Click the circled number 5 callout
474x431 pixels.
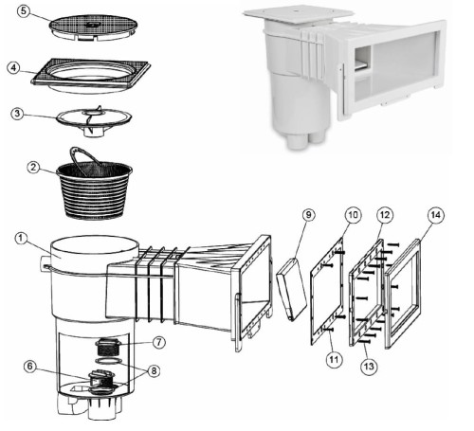pos(24,12)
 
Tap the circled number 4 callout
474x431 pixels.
pos(13,67)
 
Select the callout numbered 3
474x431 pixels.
pos(17,114)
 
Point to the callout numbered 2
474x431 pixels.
pos(34,167)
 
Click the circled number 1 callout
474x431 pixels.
pos(21,238)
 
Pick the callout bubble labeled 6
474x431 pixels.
pos(30,367)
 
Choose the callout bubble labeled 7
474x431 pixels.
pos(159,342)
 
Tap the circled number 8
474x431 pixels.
pos(154,370)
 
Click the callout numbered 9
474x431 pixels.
pos(308,215)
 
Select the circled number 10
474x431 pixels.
pos(353,215)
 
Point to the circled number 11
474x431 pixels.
pos(334,359)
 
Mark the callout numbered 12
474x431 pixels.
pos(385,215)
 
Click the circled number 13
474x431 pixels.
pos(369,367)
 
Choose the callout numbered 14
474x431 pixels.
pos(435,215)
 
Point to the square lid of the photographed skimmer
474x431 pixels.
pos(298,15)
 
